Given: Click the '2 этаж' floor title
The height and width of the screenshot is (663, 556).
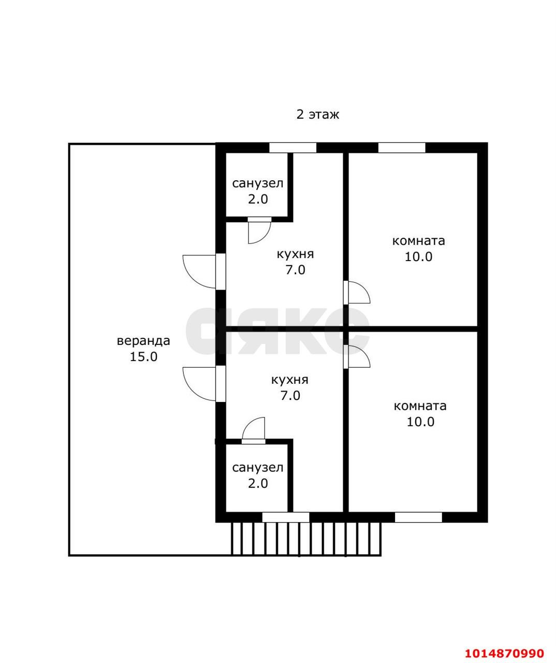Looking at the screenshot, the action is coord(318,114).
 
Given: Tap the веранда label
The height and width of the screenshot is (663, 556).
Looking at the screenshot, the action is coord(143,341).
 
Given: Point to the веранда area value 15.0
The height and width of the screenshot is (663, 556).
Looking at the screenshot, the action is coord(143,356).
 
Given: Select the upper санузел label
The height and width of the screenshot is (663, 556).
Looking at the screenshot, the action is coord(258,183).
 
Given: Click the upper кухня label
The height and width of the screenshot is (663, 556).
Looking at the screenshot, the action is coord(295,254).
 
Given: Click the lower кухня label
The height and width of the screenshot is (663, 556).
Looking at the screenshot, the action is coord(290,380).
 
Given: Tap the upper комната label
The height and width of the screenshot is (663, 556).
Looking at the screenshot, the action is coord(419,241).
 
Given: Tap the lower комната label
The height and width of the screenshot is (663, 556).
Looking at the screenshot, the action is coord(420,406).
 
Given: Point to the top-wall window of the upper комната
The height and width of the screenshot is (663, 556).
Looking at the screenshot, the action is coord(401,148).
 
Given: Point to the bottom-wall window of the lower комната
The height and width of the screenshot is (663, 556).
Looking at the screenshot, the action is coord(418,517).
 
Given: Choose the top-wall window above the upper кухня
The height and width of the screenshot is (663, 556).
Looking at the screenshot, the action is coord(292,148).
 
